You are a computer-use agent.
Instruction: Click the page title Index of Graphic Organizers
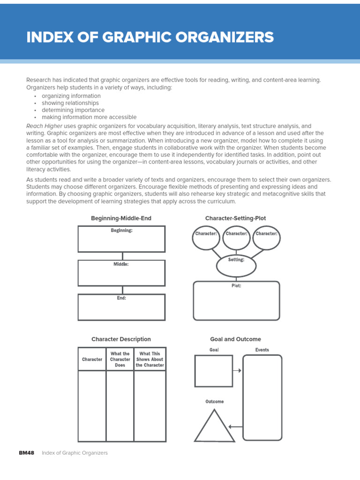pos(150,37)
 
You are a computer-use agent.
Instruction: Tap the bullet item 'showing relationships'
pos(70,103)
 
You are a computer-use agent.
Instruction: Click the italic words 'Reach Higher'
pos(44,127)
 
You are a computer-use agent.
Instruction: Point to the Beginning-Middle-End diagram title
pos(121,218)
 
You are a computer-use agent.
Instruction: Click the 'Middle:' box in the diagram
pos(121,273)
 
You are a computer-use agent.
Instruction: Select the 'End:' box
pos(121,307)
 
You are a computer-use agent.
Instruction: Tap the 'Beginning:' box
pos(121,239)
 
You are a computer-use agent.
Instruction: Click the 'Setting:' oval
pos(236,266)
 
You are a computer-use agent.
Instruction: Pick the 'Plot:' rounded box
pos(236,300)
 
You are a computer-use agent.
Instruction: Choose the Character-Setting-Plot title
pos(235,218)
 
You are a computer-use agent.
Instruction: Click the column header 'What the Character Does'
pos(120,360)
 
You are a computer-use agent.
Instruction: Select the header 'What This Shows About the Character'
pos(150,360)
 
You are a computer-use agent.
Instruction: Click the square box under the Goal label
pos(213,371)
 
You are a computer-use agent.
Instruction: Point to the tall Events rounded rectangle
pos(262,397)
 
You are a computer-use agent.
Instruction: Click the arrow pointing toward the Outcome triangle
pos(236,427)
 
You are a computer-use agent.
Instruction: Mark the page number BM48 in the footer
pos(26,453)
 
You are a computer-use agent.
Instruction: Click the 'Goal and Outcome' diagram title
pos(235,339)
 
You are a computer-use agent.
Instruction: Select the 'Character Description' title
pos(121,339)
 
